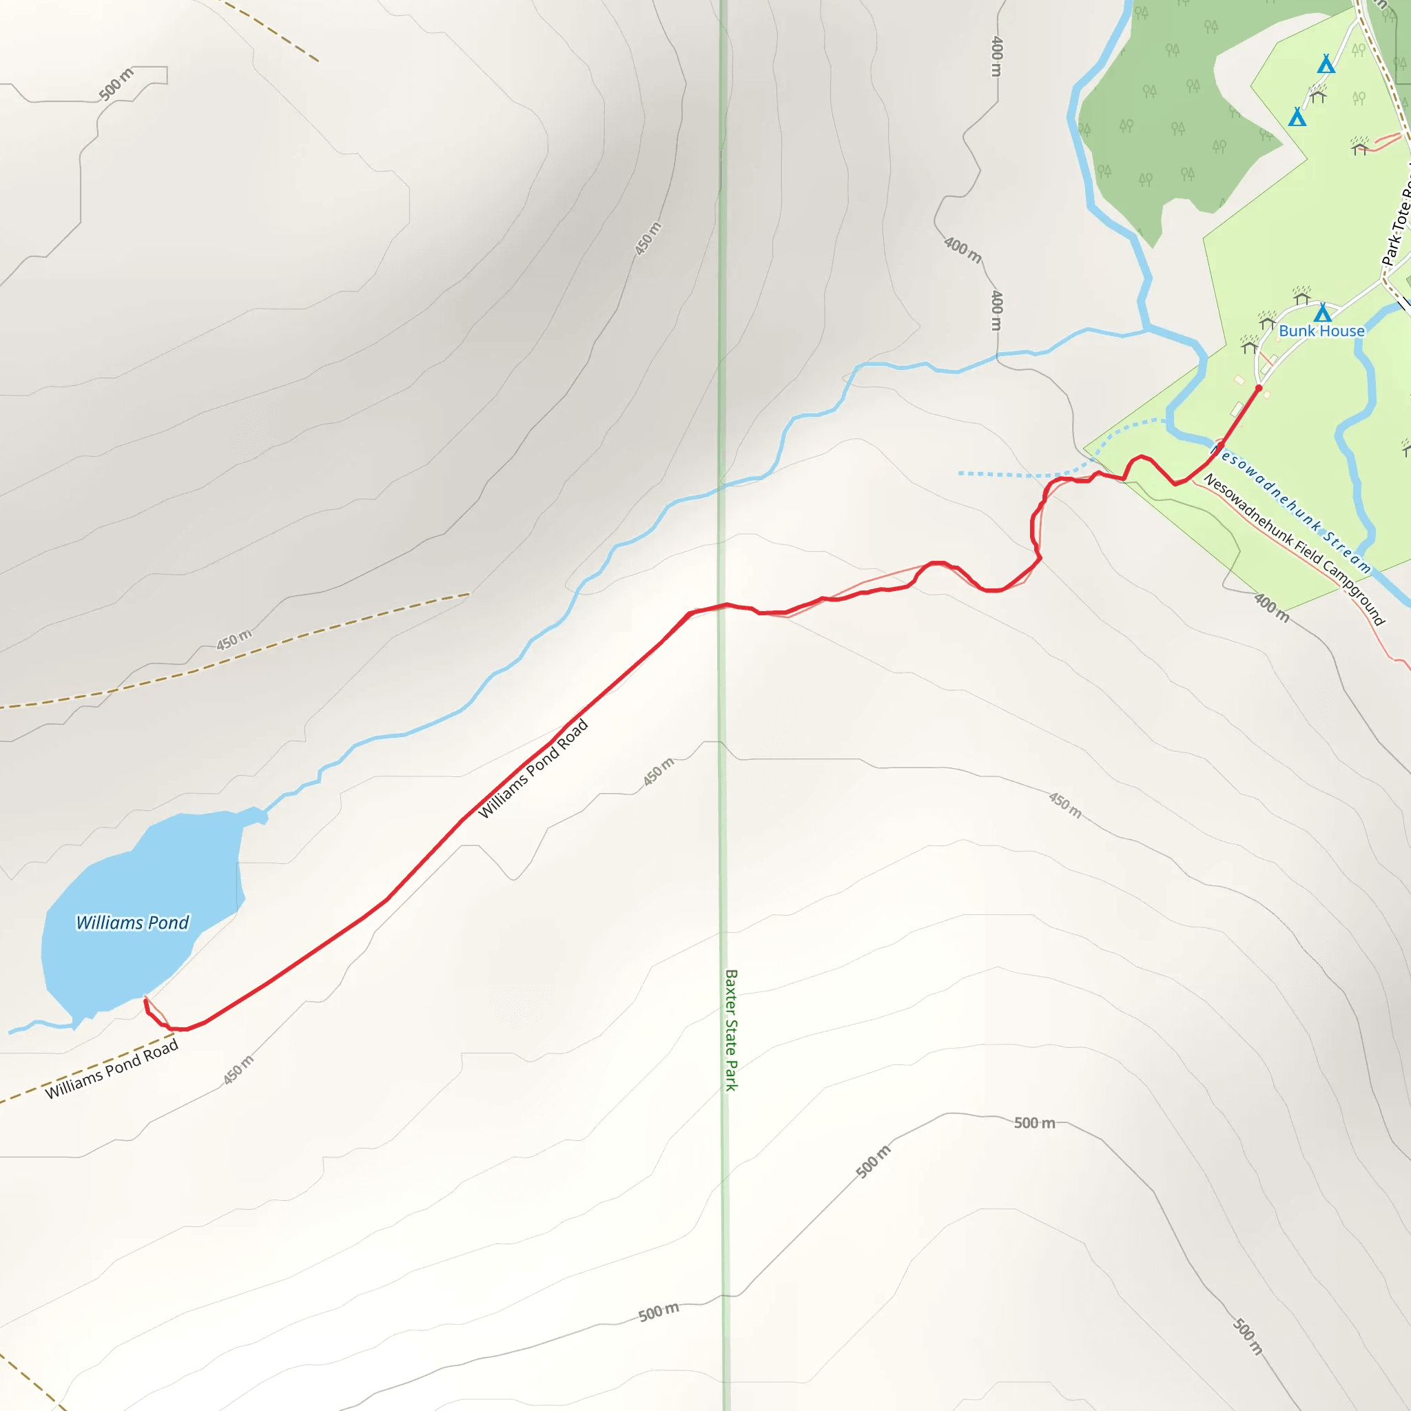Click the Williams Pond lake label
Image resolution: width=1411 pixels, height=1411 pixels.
click(x=132, y=923)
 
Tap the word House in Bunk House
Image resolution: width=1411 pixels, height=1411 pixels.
click(x=1342, y=331)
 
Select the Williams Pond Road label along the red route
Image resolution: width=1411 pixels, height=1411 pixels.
click(x=533, y=768)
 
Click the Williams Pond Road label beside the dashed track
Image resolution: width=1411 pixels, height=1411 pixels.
click(x=112, y=1069)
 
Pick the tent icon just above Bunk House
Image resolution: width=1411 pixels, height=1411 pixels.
click(x=1323, y=313)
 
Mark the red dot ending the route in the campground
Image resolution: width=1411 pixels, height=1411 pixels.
click(x=1258, y=388)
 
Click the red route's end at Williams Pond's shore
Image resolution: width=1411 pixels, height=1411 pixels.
click(x=146, y=1000)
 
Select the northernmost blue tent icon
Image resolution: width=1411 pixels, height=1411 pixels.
click(x=1326, y=65)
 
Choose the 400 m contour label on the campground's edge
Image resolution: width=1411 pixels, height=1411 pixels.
click(x=1270, y=607)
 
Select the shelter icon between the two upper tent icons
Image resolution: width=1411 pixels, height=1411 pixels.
click(x=1318, y=94)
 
